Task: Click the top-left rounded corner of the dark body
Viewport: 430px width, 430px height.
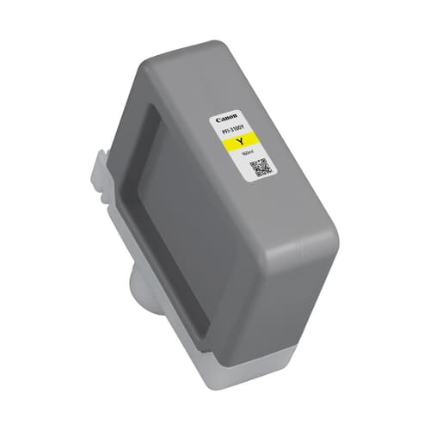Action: click(x=138, y=64)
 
